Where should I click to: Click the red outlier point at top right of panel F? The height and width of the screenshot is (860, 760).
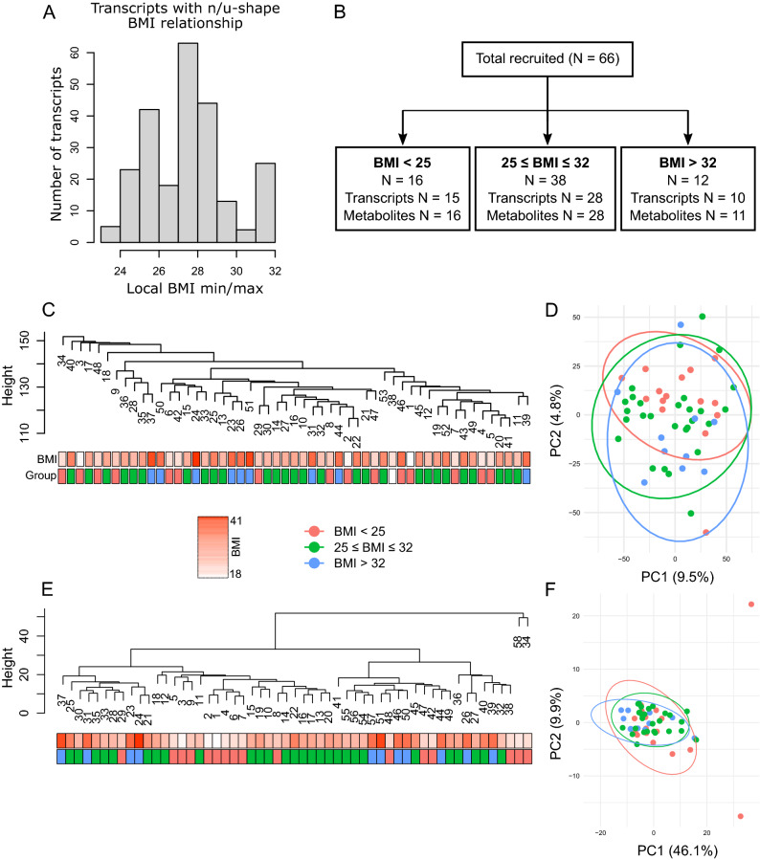tap(750, 604)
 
